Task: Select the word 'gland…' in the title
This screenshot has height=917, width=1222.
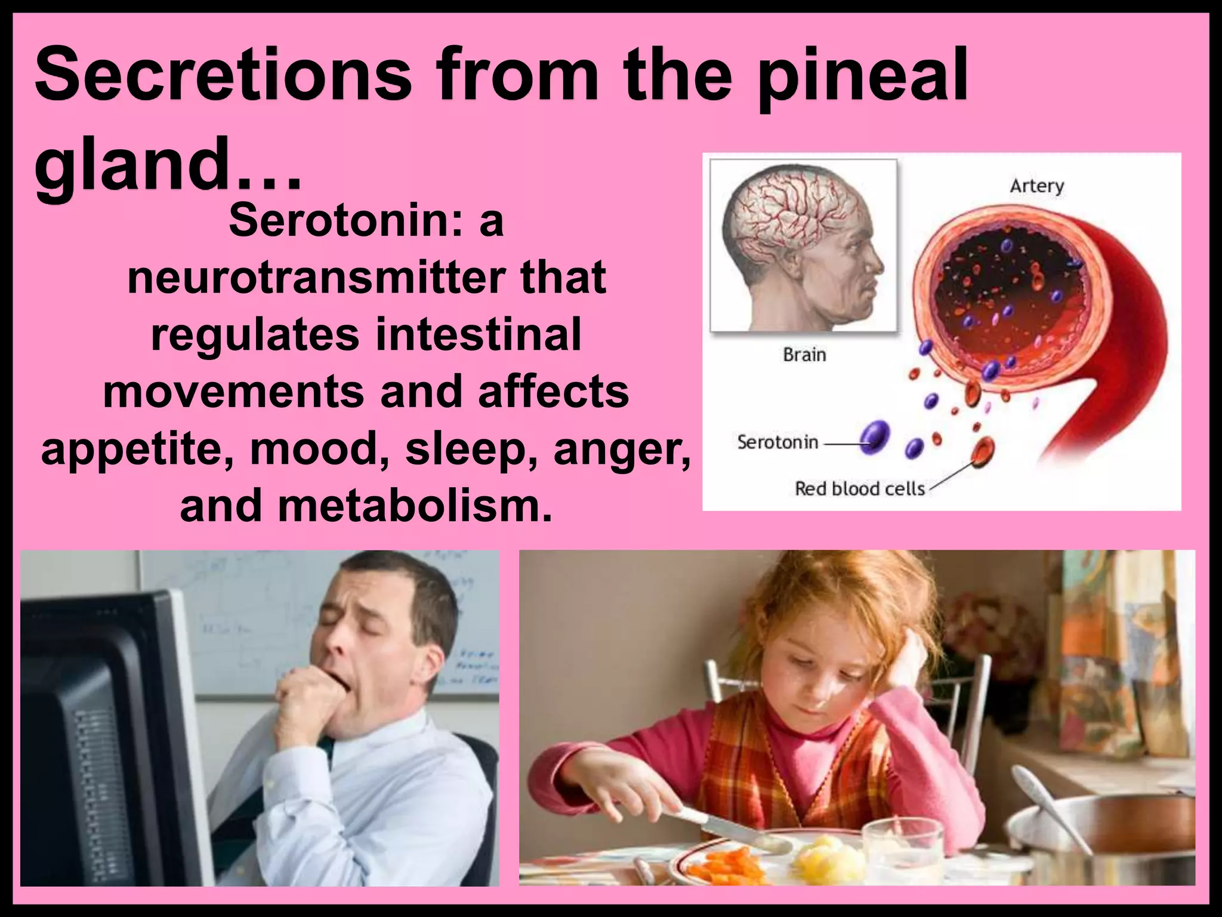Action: (x=167, y=164)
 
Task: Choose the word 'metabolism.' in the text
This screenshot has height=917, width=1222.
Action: (x=415, y=506)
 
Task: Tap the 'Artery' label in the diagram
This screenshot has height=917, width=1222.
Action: (x=1036, y=186)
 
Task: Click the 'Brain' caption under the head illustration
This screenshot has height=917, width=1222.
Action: (x=804, y=355)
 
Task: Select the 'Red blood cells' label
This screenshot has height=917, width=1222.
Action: (x=859, y=488)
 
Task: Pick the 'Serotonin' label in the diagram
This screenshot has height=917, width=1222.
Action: (x=777, y=442)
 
